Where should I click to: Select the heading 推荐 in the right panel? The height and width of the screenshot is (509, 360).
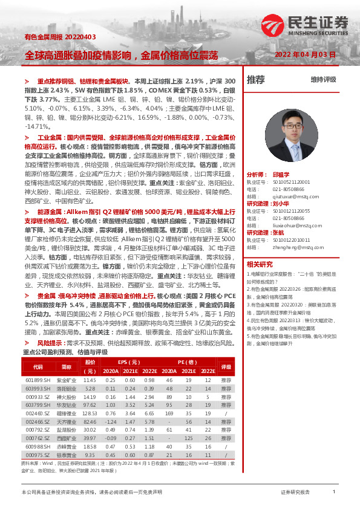[257, 79]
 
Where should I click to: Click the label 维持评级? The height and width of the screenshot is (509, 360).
[323, 79]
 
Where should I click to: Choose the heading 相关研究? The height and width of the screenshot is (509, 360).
[260, 264]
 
